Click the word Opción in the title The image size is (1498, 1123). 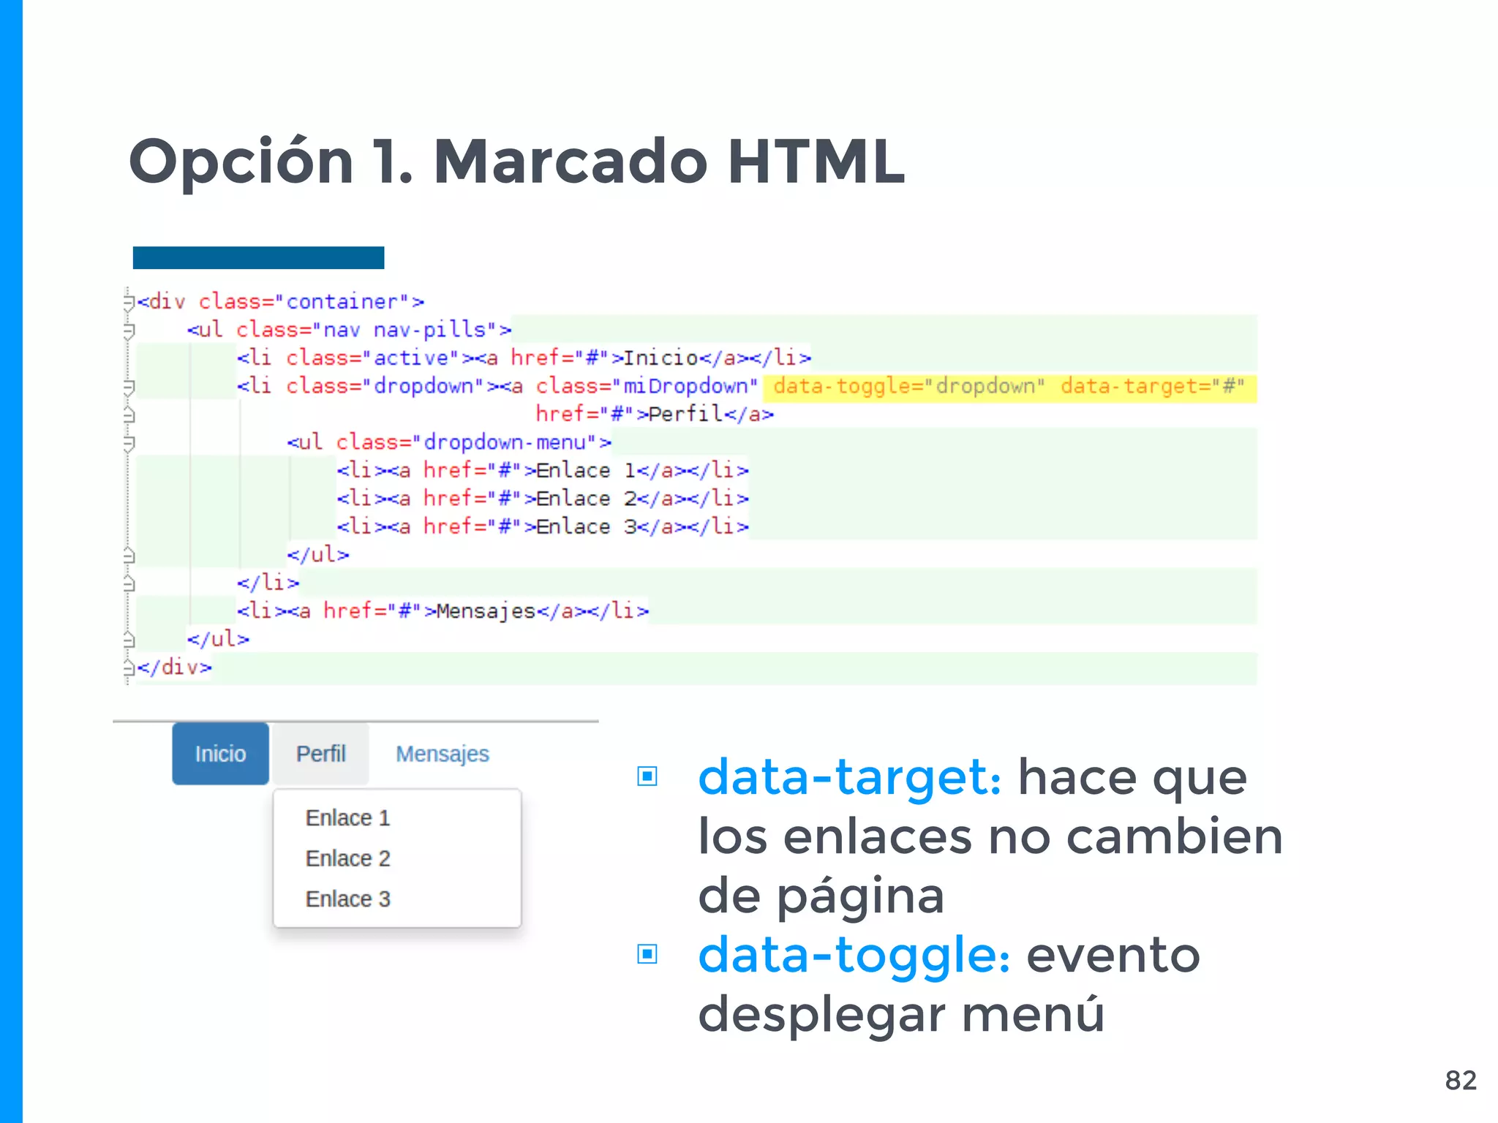point(241,162)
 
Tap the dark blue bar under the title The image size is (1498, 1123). point(258,257)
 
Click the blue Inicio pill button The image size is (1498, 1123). point(220,754)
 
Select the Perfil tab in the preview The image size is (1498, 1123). point(320,754)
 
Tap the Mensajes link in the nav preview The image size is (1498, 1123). point(442,754)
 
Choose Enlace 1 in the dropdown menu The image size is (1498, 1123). point(347,818)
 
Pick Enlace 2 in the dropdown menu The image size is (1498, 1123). point(347,858)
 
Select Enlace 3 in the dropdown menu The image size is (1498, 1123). point(347,899)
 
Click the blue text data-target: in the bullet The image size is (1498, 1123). point(849,777)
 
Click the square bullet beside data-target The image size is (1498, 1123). point(647,776)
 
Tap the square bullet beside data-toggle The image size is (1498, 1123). point(647,954)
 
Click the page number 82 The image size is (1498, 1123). point(1461,1080)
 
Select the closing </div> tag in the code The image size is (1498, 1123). point(174,668)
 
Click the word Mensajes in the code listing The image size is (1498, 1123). point(486,611)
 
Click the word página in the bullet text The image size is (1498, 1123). point(860,896)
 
